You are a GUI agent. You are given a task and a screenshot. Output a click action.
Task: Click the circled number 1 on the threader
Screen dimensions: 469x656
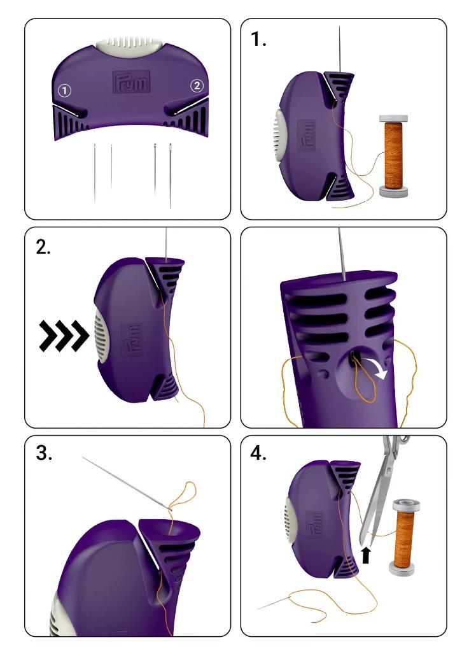click(x=64, y=90)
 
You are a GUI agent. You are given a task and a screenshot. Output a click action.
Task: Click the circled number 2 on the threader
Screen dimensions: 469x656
click(x=197, y=86)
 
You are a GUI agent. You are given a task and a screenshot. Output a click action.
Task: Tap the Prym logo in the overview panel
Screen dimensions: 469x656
click(x=131, y=82)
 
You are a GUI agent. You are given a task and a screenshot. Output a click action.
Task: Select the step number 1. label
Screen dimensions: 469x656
click(x=258, y=39)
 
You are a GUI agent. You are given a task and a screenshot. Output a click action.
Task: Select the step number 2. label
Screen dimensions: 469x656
click(x=43, y=247)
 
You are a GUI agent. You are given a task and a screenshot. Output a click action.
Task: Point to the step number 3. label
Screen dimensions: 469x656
click(x=45, y=453)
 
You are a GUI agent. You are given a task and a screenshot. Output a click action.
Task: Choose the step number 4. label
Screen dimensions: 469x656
click(x=258, y=453)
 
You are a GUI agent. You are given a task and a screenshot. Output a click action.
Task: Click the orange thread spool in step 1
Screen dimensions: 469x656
click(x=393, y=155)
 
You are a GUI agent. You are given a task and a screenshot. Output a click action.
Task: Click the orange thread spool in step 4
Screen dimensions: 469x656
click(x=404, y=537)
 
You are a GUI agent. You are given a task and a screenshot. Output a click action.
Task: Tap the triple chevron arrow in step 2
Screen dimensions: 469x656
click(x=64, y=336)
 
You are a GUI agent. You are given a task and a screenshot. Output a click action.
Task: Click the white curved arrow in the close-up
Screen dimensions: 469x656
click(x=376, y=367)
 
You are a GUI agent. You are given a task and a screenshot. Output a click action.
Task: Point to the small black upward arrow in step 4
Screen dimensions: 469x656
click(x=366, y=555)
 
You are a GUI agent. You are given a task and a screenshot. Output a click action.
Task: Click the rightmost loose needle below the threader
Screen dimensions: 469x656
click(x=171, y=176)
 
